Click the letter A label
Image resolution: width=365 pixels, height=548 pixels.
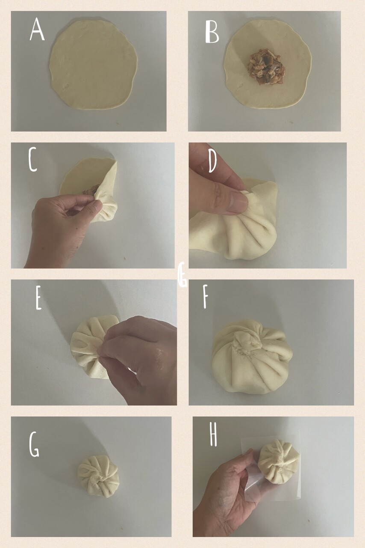point(37,30)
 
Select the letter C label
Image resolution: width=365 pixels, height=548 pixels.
point(33,159)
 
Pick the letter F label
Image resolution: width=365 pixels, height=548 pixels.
point(206,297)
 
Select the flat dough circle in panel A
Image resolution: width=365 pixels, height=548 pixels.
point(93,65)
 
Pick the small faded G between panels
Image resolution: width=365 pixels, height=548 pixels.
point(182,274)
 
